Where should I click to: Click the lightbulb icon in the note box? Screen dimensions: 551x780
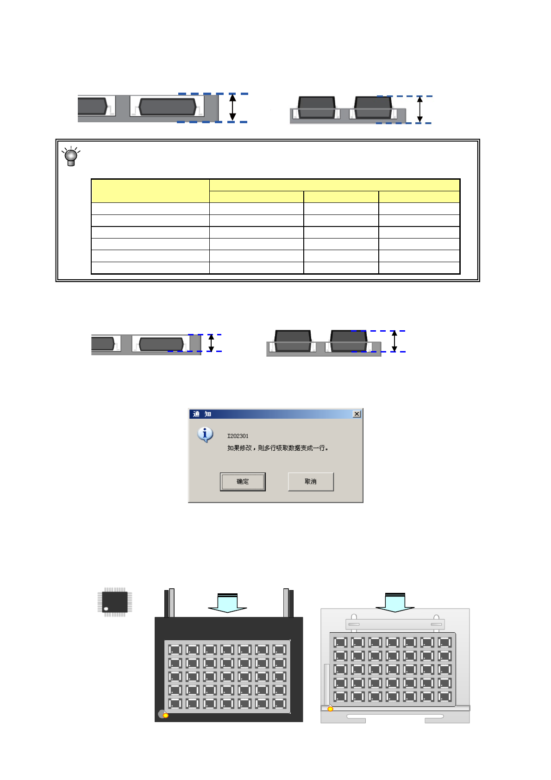(71, 156)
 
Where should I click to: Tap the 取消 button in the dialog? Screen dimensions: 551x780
(310, 481)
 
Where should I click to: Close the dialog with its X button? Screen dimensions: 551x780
(357, 414)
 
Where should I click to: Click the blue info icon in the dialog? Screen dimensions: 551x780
(205, 434)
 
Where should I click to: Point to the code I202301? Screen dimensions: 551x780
(238, 436)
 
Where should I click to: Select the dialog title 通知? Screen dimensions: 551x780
(202, 414)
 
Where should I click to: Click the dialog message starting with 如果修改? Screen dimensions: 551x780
(277, 448)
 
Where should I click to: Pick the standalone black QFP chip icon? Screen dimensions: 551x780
(114, 602)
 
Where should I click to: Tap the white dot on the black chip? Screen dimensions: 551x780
(106, 609)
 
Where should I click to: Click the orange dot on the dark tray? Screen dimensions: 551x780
(166, 716)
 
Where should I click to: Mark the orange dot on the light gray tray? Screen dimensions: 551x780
(330, 709)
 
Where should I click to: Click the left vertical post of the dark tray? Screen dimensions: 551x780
(169, 603)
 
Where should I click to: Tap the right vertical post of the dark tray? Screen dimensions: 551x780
(288, 603)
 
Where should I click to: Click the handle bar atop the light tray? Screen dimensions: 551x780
(395, 624)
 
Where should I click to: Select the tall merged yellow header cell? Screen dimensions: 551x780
(150, 190)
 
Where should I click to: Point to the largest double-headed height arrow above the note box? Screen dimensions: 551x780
(232, 107)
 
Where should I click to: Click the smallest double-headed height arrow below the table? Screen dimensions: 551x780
(211, 343)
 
